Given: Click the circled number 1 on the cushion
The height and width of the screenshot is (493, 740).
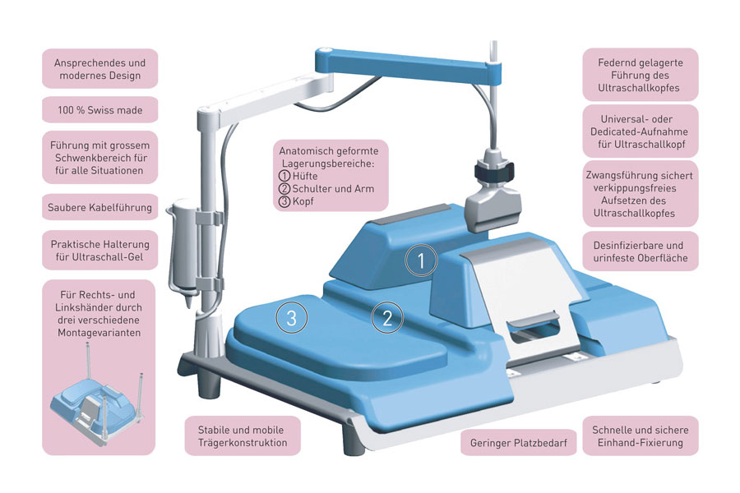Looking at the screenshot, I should (x=420, y=262).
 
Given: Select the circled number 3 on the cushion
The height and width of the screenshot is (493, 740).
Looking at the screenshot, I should (x=292, y=316).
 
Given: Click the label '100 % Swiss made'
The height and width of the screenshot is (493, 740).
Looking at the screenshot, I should (x=99, y=109).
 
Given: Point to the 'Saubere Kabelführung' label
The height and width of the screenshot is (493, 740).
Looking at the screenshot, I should (x=99, y=207).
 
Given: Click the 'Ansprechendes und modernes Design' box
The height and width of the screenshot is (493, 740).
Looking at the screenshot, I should (x=99, y=69).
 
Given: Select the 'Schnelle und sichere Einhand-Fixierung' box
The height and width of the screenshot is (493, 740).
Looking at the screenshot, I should (x=641, y=436).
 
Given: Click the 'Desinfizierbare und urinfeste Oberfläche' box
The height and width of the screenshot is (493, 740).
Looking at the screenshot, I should (x=641, y=251).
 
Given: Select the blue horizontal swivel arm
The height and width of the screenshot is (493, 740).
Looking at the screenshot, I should (x=411, y=66).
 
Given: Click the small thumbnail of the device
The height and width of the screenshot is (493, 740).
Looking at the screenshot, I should (x=99, y=404).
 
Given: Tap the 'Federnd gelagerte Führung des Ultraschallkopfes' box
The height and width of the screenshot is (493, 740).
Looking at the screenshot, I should (x=641, y=74).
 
